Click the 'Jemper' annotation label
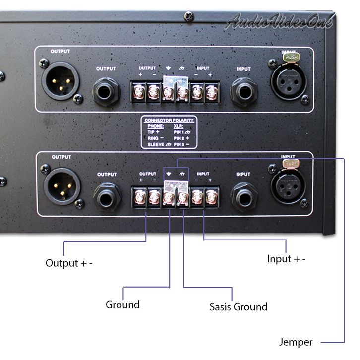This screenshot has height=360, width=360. coord(296,342)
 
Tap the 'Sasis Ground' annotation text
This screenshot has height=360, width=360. coord(238,306)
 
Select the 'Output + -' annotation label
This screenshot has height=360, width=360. coord(69,263)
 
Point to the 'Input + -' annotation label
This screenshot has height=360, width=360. coord(286,259)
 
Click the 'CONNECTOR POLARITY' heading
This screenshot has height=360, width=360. coord(169,120)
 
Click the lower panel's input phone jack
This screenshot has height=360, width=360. coord(243,195)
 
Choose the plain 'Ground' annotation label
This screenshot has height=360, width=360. coord(122,304)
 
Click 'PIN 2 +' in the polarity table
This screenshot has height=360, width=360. coord(184,138)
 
